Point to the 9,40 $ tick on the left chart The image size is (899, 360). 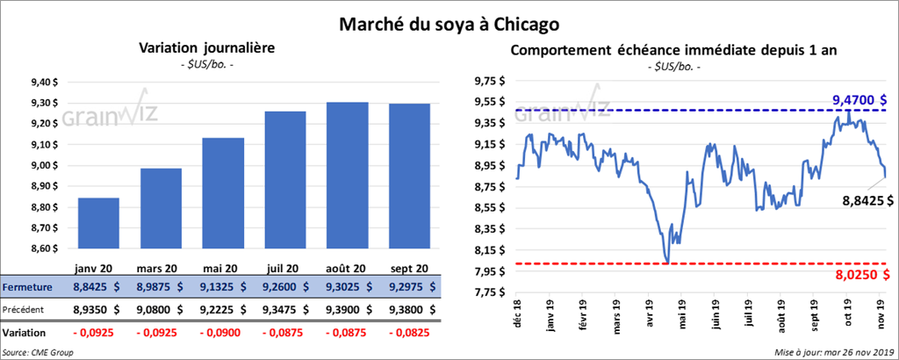point(44,82)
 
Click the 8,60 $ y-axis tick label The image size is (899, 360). point(44,248)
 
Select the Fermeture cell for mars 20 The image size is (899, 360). point(162,286)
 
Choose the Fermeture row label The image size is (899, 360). point(27,286)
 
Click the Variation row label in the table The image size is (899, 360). point(25,333)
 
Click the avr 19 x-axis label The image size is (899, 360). point(648,316)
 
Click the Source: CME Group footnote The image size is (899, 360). point(38,351)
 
